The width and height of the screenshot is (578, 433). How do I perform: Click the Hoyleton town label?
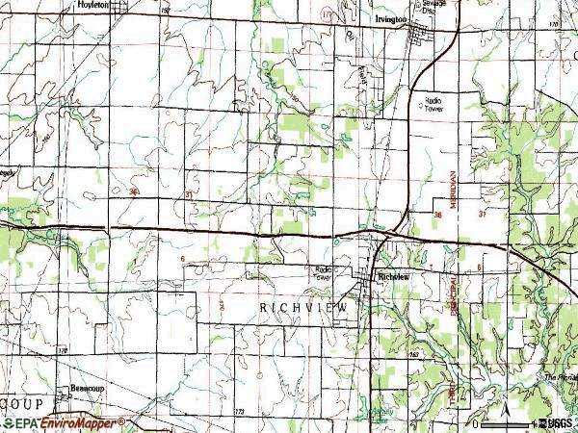pos(92,6)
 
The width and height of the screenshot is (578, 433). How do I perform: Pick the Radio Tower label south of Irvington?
pos(436,104)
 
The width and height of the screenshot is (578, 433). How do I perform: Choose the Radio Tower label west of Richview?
pos(320,273)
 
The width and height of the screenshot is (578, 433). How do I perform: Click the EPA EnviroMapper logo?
pos(64,422)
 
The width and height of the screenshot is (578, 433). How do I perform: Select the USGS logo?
pos(556,422)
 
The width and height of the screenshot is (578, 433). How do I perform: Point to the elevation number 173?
pos(239,411)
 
